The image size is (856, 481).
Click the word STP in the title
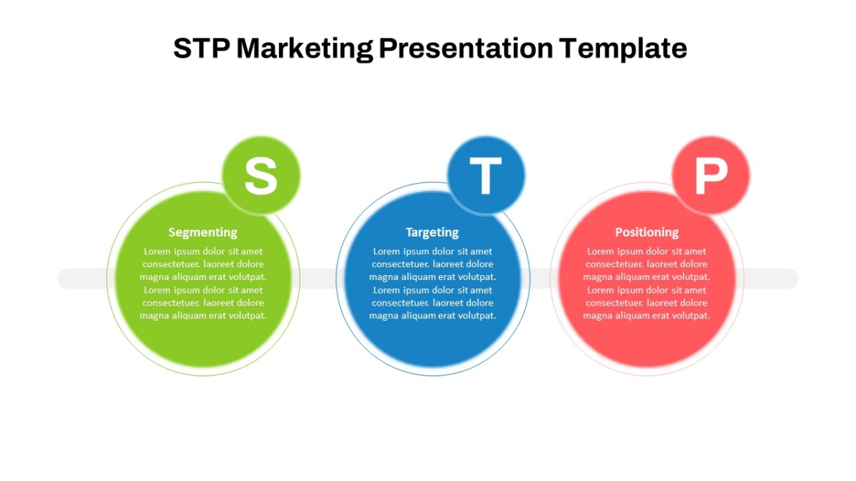point(202,48)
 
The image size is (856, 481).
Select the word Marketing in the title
point(305,49)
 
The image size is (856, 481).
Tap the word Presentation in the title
point(466,48)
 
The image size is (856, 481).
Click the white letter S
point(261,176)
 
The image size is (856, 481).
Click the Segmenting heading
point(203,232)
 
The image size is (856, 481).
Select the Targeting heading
point(432,232)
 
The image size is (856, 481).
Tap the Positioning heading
point(646,232)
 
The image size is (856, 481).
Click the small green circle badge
point(261,175)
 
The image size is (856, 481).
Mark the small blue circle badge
point(486,175)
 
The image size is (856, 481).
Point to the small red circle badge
point(711,175)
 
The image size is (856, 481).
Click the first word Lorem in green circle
point(157,252)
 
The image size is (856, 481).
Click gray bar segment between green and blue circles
point(318,279)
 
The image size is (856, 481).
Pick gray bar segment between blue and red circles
point(540,279)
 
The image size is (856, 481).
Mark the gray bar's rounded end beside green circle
point(68,279)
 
